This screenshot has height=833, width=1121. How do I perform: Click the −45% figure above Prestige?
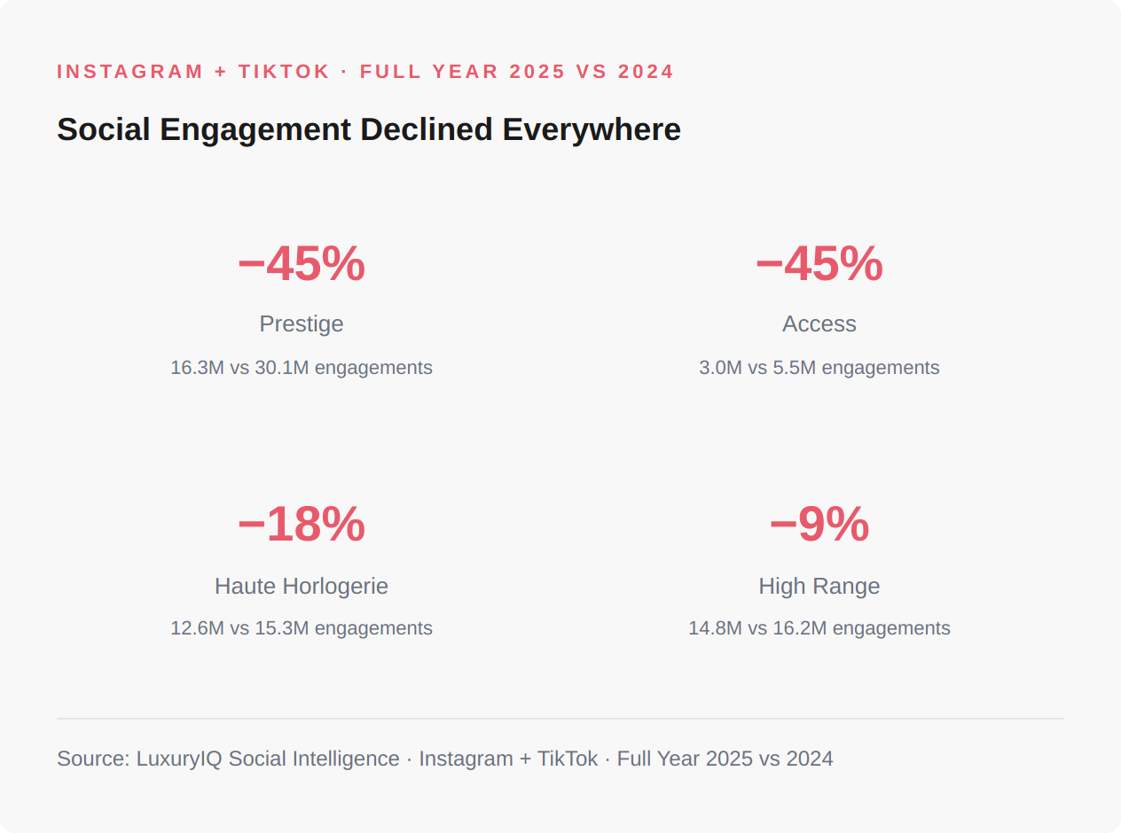tap(302, 264)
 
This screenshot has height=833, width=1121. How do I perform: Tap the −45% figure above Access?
tap(819, 264)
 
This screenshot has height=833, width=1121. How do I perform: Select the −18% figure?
tap(302, 525)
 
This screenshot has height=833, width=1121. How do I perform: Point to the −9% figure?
tap(819, 525)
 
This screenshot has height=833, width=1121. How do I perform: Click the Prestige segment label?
tap(302, 324)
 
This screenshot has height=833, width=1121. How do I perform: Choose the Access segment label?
tap(819, 324)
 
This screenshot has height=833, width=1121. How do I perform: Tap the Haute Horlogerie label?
tap(302, 587)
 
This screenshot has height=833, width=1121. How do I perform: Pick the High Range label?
tap(819, 587)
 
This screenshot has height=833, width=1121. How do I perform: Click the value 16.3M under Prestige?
tap(197, 368)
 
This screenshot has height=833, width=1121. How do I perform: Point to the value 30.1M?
tap(281, 368)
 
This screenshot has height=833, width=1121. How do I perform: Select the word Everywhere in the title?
tap(592, 130)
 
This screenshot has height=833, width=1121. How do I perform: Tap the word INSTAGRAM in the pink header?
tap(130, 72)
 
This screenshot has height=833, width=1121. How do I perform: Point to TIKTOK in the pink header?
tap(284, 72)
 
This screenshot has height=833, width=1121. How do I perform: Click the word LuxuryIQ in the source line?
tap(179, 759)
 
